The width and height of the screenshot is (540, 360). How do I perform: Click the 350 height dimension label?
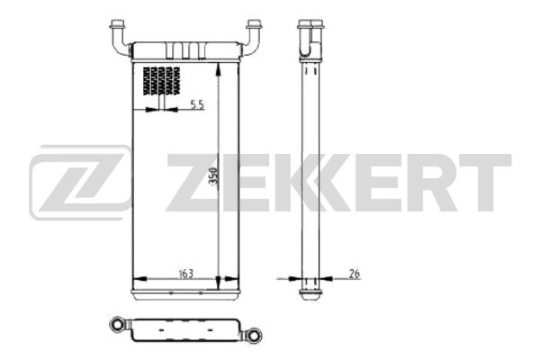(x=213, y=176)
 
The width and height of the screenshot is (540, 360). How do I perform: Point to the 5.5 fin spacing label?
(x=197, y=106)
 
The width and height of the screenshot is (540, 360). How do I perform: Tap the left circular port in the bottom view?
(x=115, y=326)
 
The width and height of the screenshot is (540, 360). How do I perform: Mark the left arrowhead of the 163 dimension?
(x=135, y=279)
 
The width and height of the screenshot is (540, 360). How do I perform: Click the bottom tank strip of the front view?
(x=184, y=294)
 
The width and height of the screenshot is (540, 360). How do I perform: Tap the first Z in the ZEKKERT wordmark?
(x=193, y=183)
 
